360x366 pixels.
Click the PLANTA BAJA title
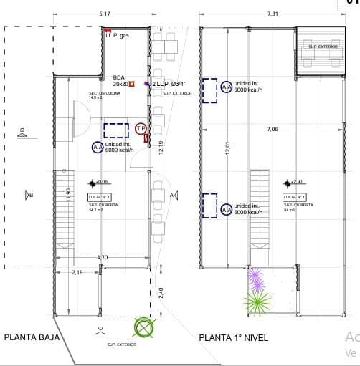tap(32, 337)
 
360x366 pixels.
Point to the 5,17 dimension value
tap(105, 14)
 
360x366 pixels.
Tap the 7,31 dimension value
tap(273, 14)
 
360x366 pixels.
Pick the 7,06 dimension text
tap(273, 129)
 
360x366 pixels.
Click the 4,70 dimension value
tap(103, 257)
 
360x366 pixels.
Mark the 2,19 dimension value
tap(77, 272)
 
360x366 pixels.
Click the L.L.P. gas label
tap(117, 35)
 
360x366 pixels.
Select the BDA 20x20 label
tap(120, 81)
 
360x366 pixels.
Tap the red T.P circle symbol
tap(141, 128)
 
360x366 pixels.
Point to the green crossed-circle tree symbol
tap(145, 328)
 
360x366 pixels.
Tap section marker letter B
tap(30, 194)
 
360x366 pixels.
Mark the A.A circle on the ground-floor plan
tap(98, 148)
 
